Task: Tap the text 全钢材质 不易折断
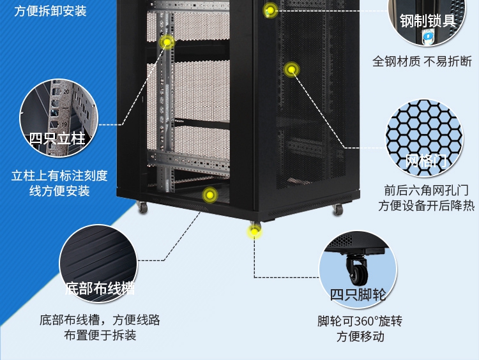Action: [422, 62]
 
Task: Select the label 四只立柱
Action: [57, 138]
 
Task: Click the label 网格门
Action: [427, 162]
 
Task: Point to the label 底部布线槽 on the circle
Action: [99, 288]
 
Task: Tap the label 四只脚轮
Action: [358, 295]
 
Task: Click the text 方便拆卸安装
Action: [50, 11]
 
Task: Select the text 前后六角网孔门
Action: [426, 190]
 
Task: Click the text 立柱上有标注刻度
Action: [59, 176]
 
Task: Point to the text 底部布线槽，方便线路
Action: [100, 320]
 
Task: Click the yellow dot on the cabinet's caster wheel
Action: [255, 230]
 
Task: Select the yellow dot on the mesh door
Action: [291, 68]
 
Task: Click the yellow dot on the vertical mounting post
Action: [167, 43]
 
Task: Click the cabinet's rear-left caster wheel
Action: [142, 207]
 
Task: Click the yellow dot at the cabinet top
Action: [271, 10]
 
